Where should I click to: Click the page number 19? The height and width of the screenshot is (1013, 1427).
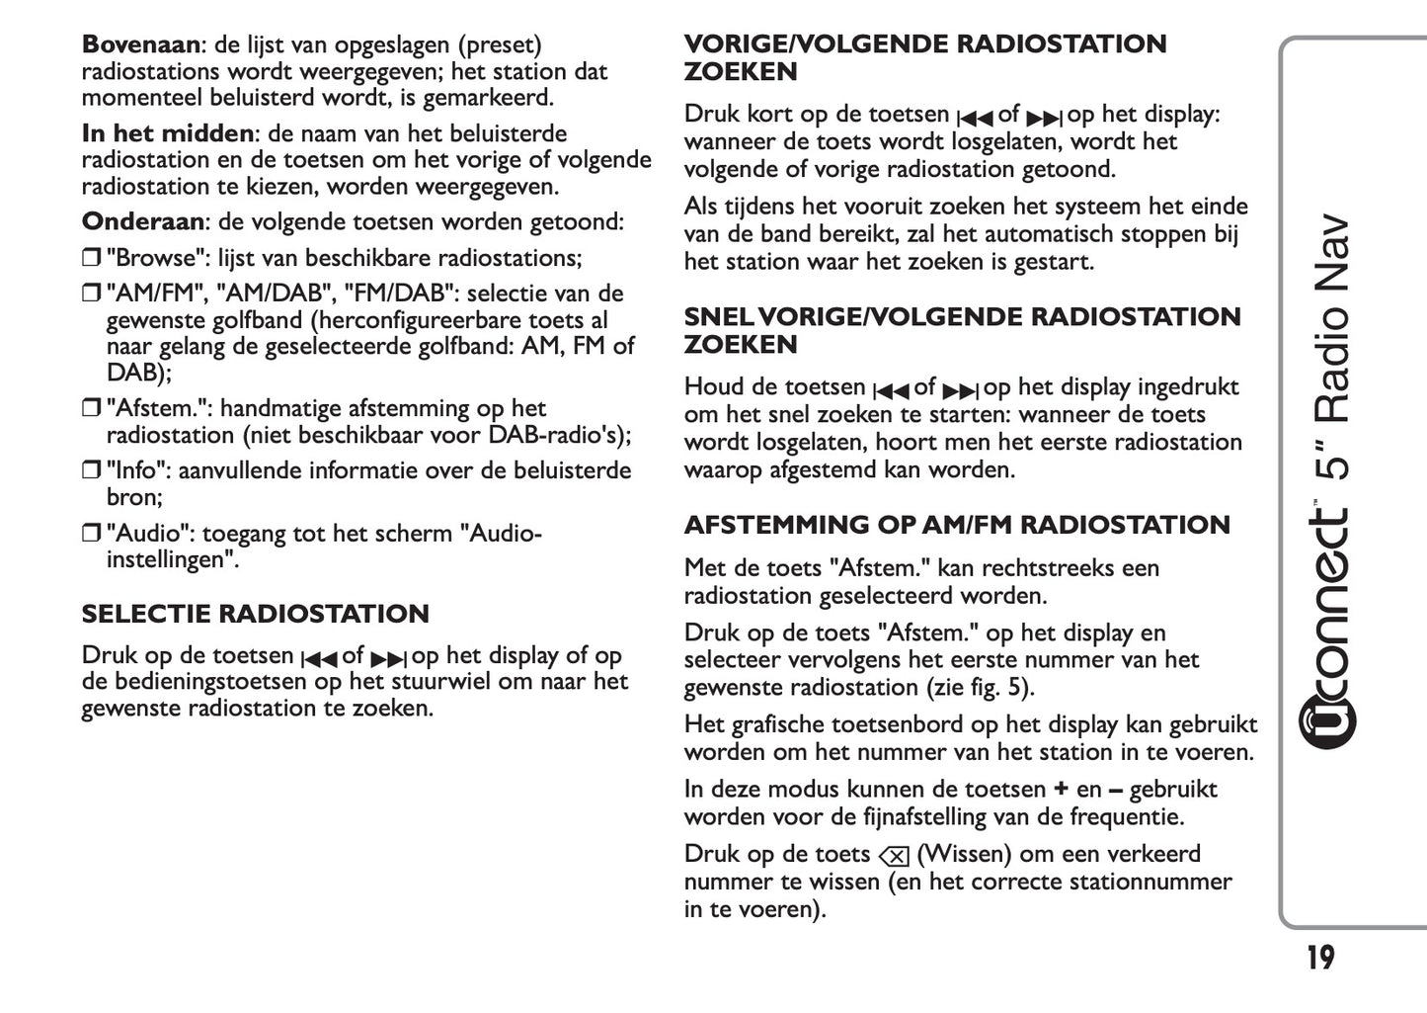coord(1320,958)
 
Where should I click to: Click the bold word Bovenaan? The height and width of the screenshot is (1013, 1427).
coord(140,44)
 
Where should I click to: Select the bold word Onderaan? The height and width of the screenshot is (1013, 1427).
coord(141,221)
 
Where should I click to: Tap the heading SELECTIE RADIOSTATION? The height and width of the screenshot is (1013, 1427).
coord(255,614)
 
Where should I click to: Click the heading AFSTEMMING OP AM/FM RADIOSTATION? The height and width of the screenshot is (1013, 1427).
coord(957,525)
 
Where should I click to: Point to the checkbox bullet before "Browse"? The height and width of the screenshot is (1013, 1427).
coord(91,259)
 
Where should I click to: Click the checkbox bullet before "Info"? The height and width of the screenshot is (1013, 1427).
coord(91,471)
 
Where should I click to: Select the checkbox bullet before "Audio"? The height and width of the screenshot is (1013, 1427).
coord(91,535)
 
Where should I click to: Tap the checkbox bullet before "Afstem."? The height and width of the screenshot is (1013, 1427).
coord(91,409)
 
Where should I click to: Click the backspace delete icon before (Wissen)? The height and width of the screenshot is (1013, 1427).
coord(893,856)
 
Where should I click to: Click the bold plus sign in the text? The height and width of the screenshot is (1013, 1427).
coord(1061,790)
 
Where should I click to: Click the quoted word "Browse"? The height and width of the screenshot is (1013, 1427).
coord(151,258)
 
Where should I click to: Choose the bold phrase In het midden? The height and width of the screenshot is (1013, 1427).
coord(167,133)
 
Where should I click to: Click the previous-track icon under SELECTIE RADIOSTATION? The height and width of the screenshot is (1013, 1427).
coord(318,658)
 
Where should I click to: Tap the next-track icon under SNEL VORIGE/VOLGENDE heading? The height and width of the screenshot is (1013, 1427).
coord(961,389)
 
